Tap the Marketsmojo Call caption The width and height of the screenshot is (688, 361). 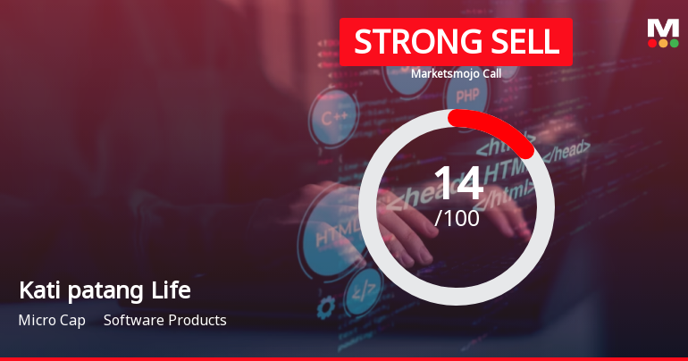pos(456,73)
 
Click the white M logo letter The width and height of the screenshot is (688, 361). pos(662,28)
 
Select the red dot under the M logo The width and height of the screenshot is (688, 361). pos(651,42)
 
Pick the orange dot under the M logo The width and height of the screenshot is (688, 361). pos(662,42)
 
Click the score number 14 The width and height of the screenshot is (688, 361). pos(457,183)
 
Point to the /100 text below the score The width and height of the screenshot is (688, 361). pos(457,217)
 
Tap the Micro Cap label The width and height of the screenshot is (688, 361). pos(52,320)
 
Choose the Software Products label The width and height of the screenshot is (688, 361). pos(165,320)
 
